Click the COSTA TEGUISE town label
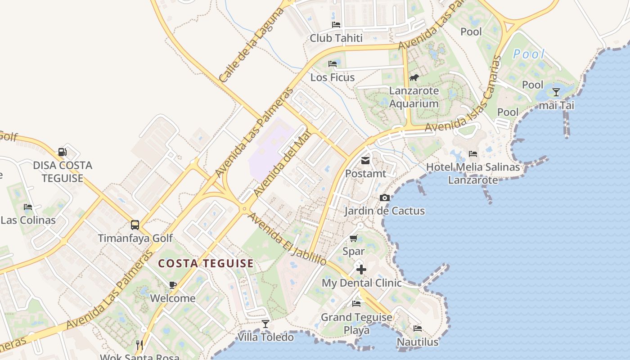click(x=206, y=264)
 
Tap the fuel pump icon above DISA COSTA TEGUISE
click(x=63, y=152)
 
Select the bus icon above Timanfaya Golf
click(x=135, y=225)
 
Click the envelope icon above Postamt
click(x=365, y=161)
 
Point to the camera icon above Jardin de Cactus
click(x=384, y=198)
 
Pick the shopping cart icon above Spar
click(x=353, y=238)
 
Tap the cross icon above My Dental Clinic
click(x=361, y=270)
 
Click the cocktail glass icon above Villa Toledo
click(x=265, y=324)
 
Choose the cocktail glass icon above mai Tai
click(x=556, y=92)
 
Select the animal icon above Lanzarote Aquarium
click(x=414, y=78)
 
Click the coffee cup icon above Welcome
click(x=172, y=285)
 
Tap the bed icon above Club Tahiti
click(x=336, y=25)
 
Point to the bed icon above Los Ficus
click(x=333, y=64)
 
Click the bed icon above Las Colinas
click(x=28, y=207)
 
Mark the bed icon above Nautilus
click(x=418, y=328)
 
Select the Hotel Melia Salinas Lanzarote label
click(x=473, y=173)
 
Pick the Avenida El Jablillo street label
click(x=287, y=239)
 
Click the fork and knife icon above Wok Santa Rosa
click(x=139, y=345)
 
